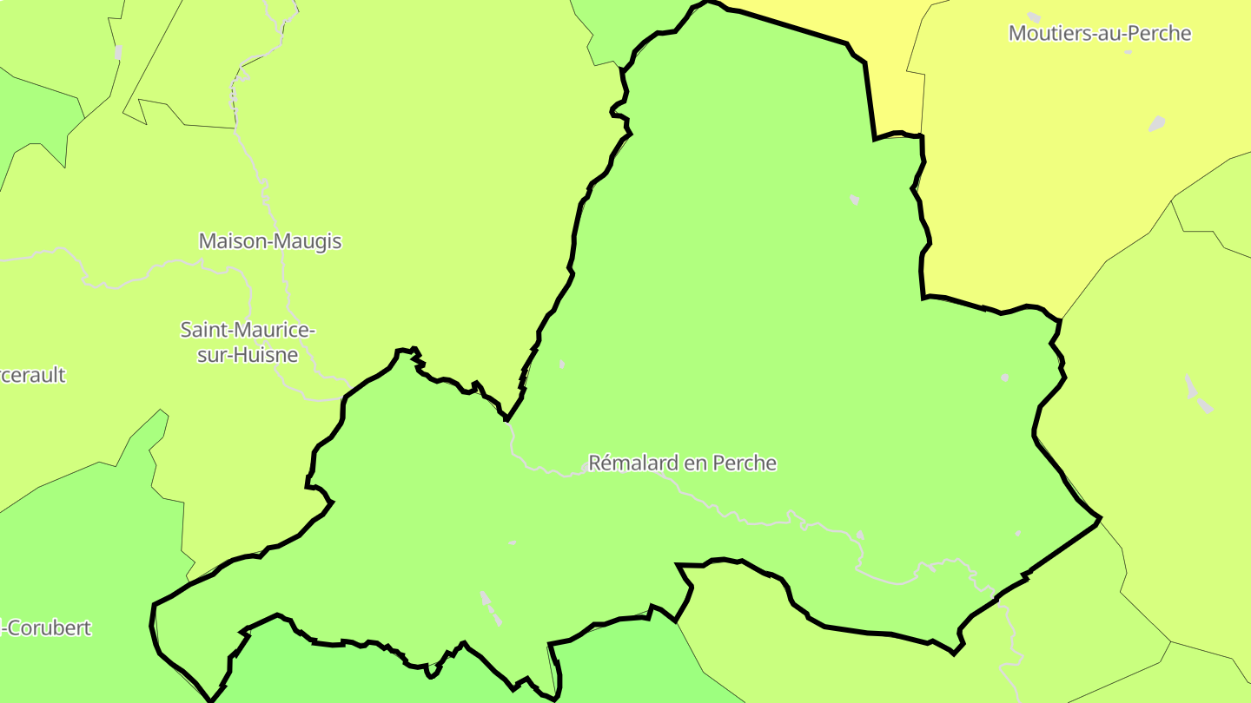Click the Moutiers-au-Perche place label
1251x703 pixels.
(1099, 34)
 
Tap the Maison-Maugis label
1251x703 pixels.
(270, 241)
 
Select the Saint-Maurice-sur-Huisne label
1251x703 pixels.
(247, 342)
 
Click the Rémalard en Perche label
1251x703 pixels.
(682, 463)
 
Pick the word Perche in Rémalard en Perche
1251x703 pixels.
(744, 463)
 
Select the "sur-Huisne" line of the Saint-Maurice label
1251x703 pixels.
(247, 355)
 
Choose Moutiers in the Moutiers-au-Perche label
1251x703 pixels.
(1045, 34)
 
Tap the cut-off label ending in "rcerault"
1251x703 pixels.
(33, 376)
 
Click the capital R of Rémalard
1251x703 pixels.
(595, 463)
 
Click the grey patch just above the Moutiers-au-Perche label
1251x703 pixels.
(1034, 16)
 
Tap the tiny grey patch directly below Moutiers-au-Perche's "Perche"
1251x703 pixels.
(1128, 52)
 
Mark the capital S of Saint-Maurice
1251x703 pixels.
(186, 330)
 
